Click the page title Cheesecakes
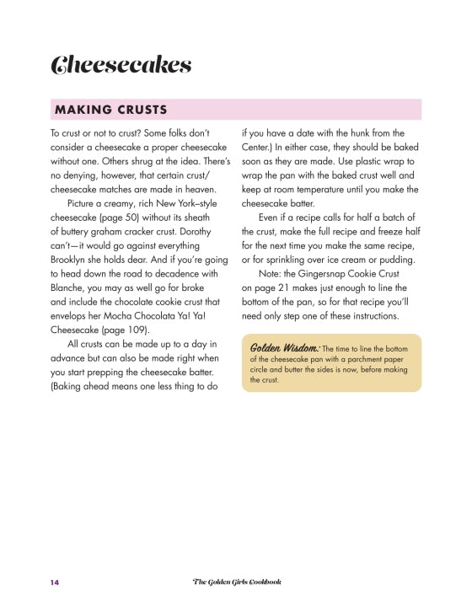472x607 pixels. tap(121, 65)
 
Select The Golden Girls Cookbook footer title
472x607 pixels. tap(237, 582)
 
